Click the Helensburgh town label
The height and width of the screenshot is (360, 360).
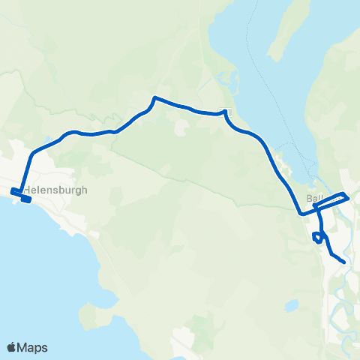(55, 190)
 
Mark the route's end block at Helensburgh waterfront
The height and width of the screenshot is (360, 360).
(26, 199)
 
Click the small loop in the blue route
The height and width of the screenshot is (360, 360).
(319, 237)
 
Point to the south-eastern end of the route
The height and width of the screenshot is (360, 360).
(343, 262)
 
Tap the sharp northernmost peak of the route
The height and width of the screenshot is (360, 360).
(154, 97)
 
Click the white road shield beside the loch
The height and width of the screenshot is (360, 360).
(229, 112)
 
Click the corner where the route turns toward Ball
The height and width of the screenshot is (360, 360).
(301, 213)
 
